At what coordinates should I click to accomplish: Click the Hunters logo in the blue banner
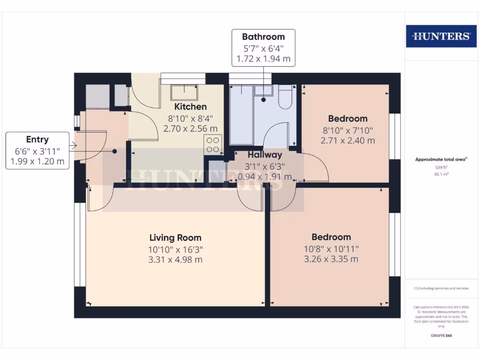[441, 37]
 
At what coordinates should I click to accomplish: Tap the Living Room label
[175, 238]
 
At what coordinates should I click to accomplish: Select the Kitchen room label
[190, 107]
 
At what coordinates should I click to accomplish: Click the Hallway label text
[265, 155]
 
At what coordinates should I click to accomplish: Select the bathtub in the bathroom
[241, 115]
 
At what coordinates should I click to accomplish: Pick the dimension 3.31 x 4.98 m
[175, 260]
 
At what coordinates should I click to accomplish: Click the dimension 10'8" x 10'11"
[331, 249]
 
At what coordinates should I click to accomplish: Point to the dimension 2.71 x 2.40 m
[348, 140]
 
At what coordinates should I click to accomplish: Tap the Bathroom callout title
[263, 37]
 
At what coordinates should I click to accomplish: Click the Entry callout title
[37, 140]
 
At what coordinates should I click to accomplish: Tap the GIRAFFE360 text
[441, 336]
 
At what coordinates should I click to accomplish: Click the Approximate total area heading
[441, 159]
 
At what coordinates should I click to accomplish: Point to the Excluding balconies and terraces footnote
[441, 289]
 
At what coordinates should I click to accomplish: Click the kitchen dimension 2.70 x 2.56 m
[190, 128]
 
